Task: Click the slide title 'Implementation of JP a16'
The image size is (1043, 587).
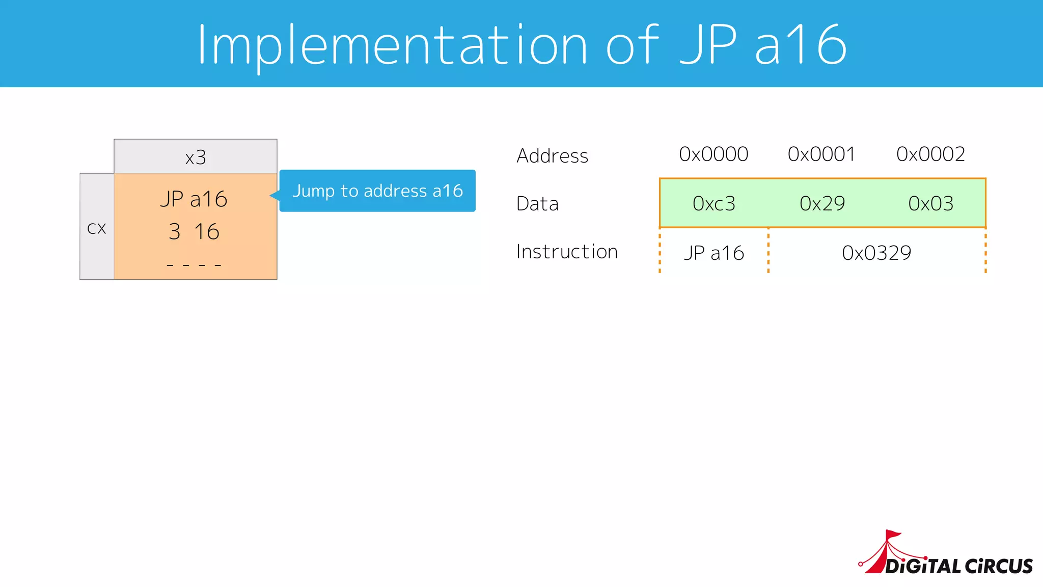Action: pos(521,45)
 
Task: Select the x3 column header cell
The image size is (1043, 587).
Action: pos(196,157)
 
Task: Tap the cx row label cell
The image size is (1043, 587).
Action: pos(97,227)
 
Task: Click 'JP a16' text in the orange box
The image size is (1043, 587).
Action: pos(194,199)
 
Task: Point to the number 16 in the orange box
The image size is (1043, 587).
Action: pos(207,232)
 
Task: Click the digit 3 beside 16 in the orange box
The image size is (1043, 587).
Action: pos(175,232)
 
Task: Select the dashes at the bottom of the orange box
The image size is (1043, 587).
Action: pos(194,265)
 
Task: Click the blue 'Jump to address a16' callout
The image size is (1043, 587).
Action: pos(377,191)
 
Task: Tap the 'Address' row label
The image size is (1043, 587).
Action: pos(553,155)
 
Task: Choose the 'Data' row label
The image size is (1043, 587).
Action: pos(538,203)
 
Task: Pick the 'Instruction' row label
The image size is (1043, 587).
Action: pos(567,252)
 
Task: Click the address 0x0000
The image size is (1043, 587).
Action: pos(713,154)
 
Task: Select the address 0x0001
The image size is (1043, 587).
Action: pos(821,154)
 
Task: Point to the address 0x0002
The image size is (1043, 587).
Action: pos(930,154)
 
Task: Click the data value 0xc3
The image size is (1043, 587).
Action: pos(714,203)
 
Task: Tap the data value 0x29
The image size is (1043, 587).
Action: pos(822,203)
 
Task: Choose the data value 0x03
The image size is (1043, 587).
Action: pos(930,203)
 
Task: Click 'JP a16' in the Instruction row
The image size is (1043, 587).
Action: pos(714,253)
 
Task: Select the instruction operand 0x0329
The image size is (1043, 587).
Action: pos(876,253)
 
